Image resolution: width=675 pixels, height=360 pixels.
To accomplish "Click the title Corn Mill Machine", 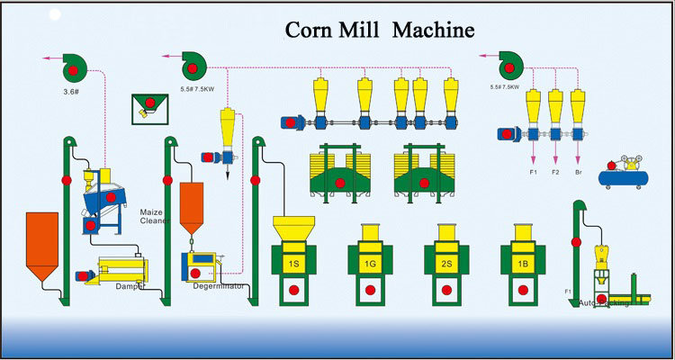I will coord(379,30).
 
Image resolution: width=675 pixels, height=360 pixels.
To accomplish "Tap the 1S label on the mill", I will coord(293,264).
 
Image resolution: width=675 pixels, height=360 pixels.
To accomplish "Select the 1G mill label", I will coord(369,264).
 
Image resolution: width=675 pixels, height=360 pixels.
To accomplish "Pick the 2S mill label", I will coord(445,264).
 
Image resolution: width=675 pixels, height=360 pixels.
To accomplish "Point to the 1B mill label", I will coord(521,264).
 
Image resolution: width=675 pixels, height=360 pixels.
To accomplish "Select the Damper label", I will coord(130,286).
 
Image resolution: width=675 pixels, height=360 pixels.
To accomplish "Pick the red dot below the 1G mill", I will coord(369,291).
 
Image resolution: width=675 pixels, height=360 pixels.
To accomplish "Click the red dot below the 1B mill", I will coord(521,291).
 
